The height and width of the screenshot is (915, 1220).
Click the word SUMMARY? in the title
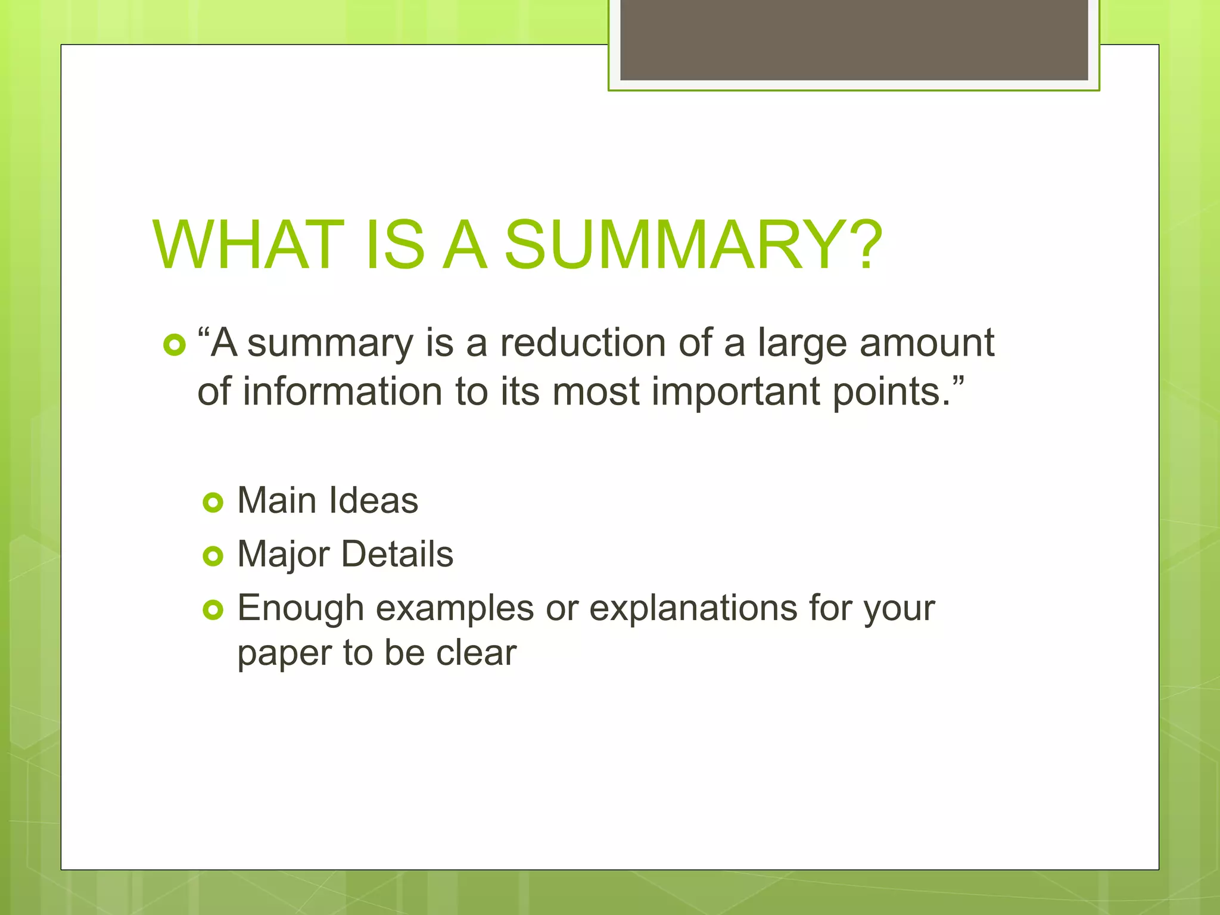pyautogui.click(x=693, y=245)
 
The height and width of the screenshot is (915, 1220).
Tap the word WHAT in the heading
pyautogui.click(x=248, y=245)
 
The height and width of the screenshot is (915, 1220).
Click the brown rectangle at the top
pyautogui.click(x=854, y=39)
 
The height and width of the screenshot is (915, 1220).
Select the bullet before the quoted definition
pyautogui.click(x=174, y=345)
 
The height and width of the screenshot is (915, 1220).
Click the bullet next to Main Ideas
pyautogui.click(x=213, y=502)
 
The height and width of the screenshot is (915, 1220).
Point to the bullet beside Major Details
pyautogui.click(x=213, y=556)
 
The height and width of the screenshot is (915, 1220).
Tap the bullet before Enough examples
pyautogui.click(x=213, y=609)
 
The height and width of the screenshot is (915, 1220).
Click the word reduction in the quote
pyautogui.click(x=583, y=343)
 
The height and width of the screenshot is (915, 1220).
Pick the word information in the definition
pyautogui.click(x=342, y=392)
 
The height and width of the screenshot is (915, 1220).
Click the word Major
pyautogui.click(x=284, y=555)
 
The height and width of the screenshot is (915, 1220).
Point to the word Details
pyautogui.click(x=397, y=554)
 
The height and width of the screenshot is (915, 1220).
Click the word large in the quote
pyautogui.click(x=802, y=344)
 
